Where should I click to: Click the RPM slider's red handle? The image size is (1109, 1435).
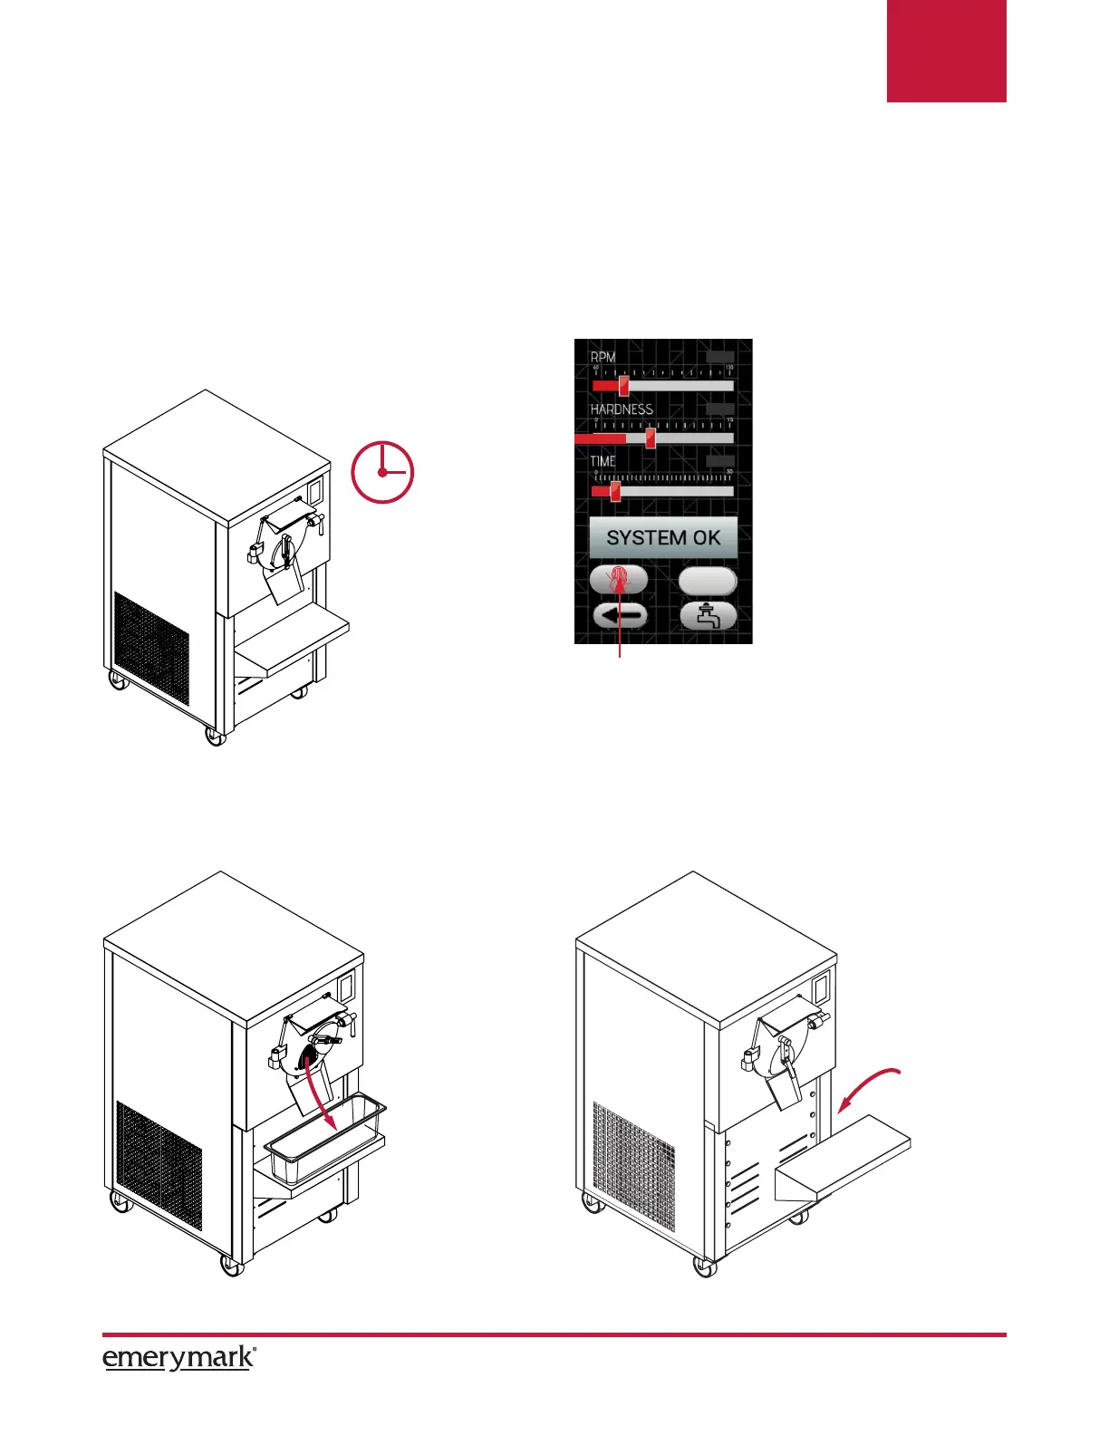623,386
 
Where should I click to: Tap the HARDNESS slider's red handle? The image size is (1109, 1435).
651,438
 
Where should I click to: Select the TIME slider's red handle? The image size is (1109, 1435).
615,492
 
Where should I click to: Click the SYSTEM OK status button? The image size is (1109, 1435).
663,537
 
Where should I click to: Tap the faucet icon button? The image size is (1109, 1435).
709,616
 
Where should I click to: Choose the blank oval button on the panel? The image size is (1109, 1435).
708,580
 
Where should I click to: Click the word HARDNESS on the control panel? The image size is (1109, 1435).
622,409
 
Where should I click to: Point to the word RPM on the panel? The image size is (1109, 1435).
603,357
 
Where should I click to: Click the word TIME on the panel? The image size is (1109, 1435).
603,461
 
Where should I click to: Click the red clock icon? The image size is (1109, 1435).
383,472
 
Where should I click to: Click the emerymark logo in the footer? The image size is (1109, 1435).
178,1359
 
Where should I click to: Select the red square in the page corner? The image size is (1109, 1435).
946,51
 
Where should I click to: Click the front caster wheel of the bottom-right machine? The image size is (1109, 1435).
705,1266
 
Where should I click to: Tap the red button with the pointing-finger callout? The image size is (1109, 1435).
619,580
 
